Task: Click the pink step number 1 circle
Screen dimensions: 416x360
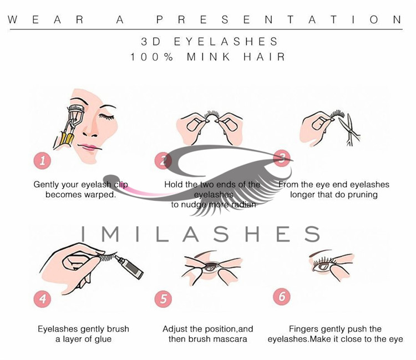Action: (x=43, y=160)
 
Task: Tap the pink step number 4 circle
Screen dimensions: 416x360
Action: (x=43, y=299)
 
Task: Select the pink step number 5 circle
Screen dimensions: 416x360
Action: (x=163, y=299)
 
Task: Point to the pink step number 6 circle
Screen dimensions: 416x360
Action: (x=282, y=296)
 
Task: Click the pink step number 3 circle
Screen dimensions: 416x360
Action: (x=282, y=158)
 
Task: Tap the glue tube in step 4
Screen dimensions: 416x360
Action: (x=129, y=267)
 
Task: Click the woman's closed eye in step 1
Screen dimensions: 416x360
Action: (x=106, y=116)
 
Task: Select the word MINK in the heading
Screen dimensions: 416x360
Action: (x=209, y=57)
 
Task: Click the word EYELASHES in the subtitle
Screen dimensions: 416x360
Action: (x=226, y=42)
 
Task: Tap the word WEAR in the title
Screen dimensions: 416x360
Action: (x=45, y=19)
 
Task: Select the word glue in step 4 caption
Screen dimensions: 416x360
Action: (x=103, y=339)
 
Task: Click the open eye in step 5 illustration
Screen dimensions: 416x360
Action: (x=211, y=266)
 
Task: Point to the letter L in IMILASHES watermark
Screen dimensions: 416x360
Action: (x=163, y=234)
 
